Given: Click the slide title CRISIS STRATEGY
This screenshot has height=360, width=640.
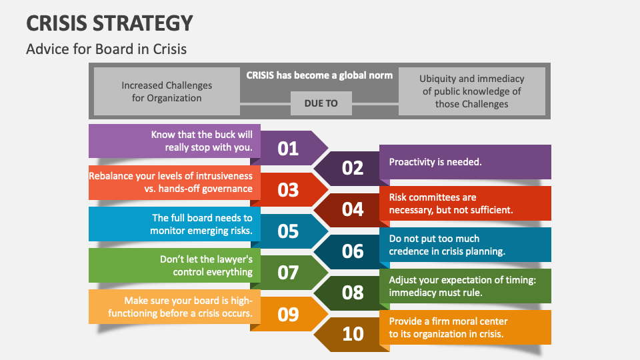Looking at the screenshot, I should coord(109,23).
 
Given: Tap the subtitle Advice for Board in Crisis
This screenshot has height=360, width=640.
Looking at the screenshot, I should coord(106,49).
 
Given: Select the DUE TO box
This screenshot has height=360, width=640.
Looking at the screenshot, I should coord(321,103).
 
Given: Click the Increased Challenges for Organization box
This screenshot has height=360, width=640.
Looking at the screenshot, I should coord(167,91).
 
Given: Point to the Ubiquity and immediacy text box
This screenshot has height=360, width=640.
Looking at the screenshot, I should coord(471,91).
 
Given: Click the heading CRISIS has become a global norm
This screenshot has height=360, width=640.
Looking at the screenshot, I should coord(319,75).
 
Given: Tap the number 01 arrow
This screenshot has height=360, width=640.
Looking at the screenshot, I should coord(288,147).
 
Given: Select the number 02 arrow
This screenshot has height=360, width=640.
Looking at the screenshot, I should coord(353,167).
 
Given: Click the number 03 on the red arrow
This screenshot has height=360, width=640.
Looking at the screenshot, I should coord(288,189).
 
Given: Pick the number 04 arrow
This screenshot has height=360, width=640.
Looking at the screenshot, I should coord(353,209).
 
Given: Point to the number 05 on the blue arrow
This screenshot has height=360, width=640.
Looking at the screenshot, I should coord(288,231).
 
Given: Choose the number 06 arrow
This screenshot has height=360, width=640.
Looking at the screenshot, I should coord(353,251).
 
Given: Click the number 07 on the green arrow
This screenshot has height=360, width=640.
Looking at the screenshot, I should coord(288,272).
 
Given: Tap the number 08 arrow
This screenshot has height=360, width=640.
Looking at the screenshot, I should coord(353,292).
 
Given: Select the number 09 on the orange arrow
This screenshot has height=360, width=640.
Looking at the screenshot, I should coord(288,313).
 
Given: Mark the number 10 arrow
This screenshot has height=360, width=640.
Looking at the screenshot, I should coord(353,333).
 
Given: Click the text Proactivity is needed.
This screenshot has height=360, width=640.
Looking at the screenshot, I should coord(435,161).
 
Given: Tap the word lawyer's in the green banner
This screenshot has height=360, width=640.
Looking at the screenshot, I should coord(231,259).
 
